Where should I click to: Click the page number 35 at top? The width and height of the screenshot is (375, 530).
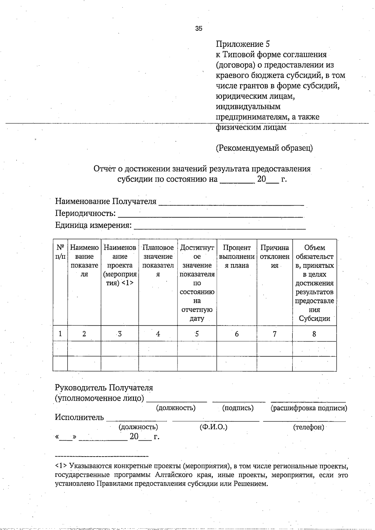click(x=199, y=29)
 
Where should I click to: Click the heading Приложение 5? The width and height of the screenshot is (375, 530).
click(x=242, y=44)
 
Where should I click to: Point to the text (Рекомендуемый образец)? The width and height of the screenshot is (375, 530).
click(x=264, y=148)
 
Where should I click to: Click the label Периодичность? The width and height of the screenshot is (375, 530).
click(x=85, y=213)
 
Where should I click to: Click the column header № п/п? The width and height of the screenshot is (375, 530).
click(x=60, y=252)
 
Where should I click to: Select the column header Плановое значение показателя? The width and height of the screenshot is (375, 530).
click(x=158, y=261)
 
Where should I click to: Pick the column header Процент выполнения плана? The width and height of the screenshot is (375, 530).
click(x=237, y=256)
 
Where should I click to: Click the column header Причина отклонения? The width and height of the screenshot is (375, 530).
click(x=274, y=256)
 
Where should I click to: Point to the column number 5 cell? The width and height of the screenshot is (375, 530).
click(x=197, y=334)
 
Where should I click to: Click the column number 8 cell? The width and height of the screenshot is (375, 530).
click(x=314, y=334)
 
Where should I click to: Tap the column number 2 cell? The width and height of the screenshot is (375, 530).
click(x=84, y=334)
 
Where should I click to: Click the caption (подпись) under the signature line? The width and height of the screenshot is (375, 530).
click(x=238, y=408)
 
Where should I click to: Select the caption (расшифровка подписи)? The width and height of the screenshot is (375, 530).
click(x=309, y=408)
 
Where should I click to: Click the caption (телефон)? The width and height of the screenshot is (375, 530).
click(x=308, y=427)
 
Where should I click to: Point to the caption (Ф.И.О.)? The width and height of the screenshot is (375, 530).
click(x=213, y=427)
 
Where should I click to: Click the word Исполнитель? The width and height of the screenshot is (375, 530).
click(x=79, y=417)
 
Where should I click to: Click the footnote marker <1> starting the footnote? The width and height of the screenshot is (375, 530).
click(x=61, y=466)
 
